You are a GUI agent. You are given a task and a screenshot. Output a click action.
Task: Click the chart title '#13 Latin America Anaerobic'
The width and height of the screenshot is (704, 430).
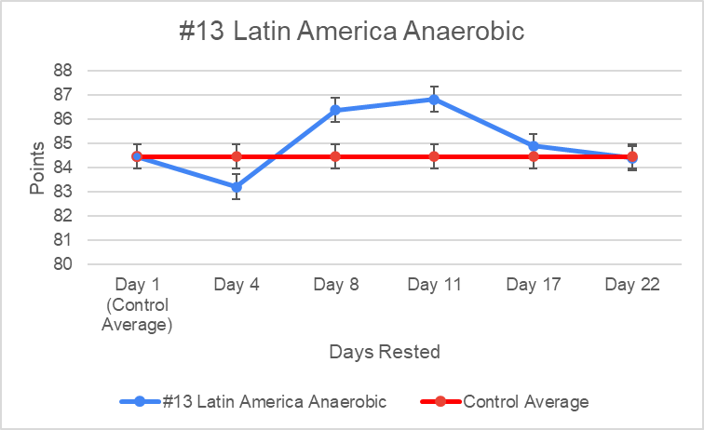352,32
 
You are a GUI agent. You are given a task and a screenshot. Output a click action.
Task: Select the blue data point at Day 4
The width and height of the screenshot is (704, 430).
237,187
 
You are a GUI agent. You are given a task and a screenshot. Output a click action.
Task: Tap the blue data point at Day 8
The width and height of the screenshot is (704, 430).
335,110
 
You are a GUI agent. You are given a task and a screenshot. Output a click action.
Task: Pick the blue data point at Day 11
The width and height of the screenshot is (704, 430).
435,99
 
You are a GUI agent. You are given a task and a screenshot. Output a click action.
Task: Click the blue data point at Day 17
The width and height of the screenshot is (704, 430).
534,146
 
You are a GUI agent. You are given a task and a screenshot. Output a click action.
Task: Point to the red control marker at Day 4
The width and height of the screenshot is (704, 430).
237,156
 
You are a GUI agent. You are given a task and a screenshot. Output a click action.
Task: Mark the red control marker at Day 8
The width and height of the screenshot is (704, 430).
335,156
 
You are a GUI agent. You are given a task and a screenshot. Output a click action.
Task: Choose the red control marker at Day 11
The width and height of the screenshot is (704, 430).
435,156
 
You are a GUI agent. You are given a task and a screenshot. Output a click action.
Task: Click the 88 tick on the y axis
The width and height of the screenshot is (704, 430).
63,71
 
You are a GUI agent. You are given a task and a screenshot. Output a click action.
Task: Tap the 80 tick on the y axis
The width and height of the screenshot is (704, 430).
63,264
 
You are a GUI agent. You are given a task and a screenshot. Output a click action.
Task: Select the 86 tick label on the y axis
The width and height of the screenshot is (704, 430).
63,119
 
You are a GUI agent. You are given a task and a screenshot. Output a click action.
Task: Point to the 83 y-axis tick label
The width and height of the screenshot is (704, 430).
63,192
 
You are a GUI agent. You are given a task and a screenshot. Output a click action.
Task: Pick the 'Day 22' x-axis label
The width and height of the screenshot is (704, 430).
632,285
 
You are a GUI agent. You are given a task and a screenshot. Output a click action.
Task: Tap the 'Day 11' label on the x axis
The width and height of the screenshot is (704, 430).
435,285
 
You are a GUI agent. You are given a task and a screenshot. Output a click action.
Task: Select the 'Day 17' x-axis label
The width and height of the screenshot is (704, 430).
534,285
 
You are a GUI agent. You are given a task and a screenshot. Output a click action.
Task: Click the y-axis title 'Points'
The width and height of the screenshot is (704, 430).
36,168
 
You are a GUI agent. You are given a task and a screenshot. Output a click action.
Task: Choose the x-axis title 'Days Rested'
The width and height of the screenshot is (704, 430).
384,352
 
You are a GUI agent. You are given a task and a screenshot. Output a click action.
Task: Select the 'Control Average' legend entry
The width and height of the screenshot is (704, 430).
525,402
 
